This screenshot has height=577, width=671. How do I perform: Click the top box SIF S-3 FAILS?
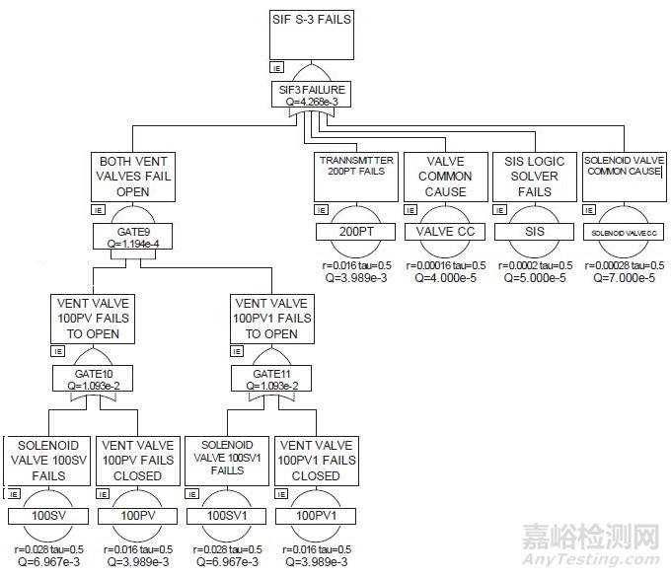click(x=310, y=34)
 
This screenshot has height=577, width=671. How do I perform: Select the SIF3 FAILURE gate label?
click(x=310, y=93)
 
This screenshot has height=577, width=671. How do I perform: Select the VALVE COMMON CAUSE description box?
click(x=446, y=176)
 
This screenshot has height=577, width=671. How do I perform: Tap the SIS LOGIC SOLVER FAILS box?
click(x=533, y=176)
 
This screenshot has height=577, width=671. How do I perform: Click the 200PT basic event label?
click(x=356, y=232)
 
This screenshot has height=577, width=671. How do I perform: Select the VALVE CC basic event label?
click(x=446, y=232)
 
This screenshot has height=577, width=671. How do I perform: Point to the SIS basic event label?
click(x=533, y=232)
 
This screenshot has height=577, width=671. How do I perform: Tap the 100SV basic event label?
click(x=46, y=515)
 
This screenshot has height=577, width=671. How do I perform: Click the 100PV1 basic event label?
click(x=313, y=515)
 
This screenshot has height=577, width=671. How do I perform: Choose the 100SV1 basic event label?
click(x=226, y=515)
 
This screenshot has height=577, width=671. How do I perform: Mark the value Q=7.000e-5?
click(x=624, y=278)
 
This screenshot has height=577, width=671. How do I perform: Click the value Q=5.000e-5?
click(x=533, y=278)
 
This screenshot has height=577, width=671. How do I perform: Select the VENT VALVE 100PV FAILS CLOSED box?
click(x=136, y=461)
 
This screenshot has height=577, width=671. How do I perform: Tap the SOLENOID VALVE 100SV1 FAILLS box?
click(x=226, y=459)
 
